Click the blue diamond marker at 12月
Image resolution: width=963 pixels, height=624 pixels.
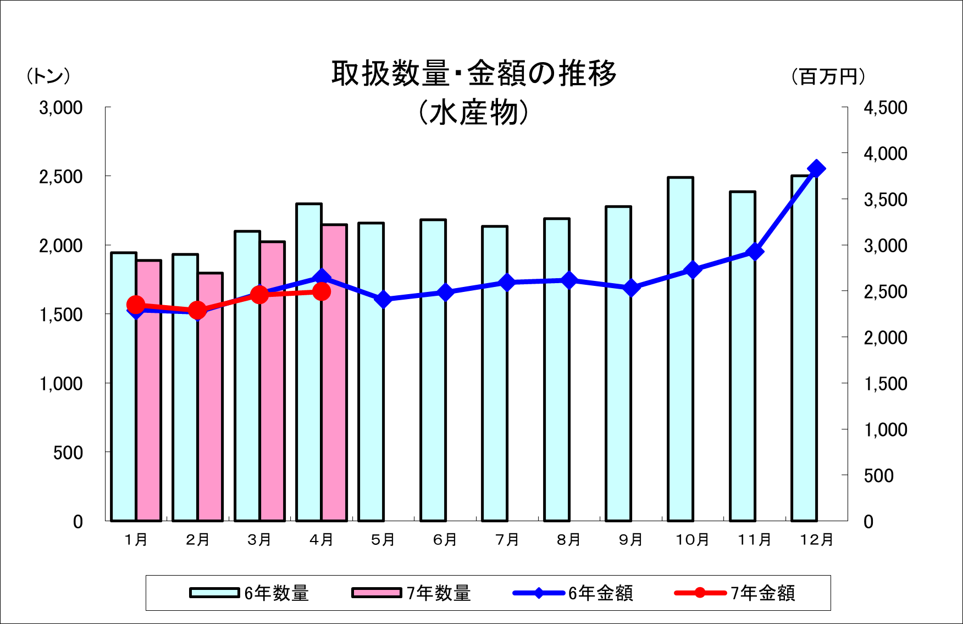pos(816,169)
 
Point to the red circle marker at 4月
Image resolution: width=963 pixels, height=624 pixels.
pos(322,291)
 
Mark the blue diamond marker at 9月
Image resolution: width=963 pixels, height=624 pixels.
pos(631,288)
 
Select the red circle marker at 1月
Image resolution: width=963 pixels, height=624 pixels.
pos(136,305)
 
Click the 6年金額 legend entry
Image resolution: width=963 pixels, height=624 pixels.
pos(573,593)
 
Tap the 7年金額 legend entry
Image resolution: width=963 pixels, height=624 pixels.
pos(735,593)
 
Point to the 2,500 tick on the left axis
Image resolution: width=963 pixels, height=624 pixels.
pos(60,177)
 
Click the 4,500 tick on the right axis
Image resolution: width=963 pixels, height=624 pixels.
pos(885,108)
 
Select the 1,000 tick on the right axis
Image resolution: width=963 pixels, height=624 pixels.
pos(885,429)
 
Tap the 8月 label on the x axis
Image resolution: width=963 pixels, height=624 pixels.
pos(569,540)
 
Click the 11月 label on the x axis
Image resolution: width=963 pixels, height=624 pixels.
pos(755,540)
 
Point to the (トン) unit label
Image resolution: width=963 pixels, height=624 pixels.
pos(48,76)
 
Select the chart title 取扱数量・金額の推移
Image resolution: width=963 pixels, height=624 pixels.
pos(474,74)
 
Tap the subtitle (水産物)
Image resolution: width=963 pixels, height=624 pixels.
pos(474,113)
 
